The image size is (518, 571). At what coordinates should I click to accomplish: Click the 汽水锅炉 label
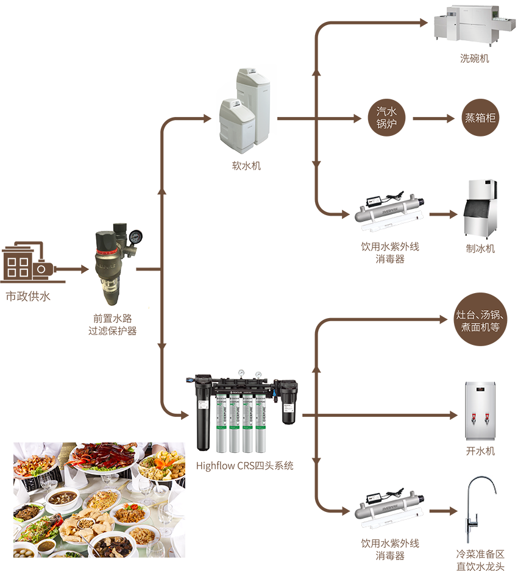coord(386,118)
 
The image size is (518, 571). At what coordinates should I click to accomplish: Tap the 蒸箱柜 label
coord(480,118)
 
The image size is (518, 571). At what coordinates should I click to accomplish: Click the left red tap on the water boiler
coord(472,418)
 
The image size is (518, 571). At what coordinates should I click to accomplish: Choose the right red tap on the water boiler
coord(487,418)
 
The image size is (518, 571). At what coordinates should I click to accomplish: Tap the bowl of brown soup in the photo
coord(62,498)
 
